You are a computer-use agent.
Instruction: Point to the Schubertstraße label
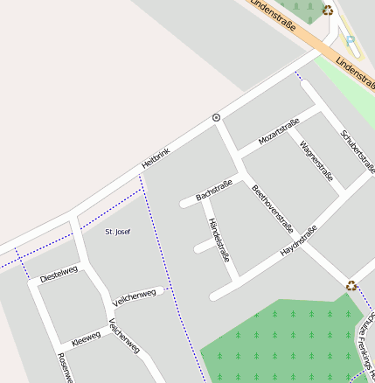[358, 151]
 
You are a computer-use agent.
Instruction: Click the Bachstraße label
[214, 191]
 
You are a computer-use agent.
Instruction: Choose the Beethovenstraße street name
[272, 208]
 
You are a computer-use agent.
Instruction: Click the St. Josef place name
[117, 232]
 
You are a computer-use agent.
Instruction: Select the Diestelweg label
[59, 274]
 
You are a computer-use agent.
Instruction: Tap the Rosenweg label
[63, 367]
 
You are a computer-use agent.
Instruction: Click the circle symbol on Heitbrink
[216, 117]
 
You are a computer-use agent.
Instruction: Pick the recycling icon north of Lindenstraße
[328, 10]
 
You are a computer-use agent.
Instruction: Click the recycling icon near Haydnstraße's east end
[351, 285]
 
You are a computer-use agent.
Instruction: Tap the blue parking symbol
[351, 39]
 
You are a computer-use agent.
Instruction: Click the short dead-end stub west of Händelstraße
[204, 247]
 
